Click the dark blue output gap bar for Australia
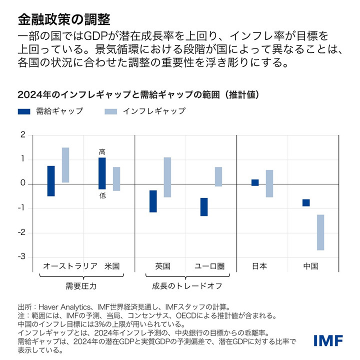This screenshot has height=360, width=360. [x=51, y=181]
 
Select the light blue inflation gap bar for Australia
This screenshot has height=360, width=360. [x=65, y=165]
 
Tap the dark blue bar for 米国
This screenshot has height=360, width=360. [x=102, y=173]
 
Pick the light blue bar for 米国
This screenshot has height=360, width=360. [x=116, y=179]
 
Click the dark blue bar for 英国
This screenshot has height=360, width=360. [x=153, y=201]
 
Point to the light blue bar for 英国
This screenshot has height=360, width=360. [x=167, y=177]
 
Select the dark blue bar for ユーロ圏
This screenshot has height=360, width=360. [x=204, y=207]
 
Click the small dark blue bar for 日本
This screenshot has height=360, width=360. [x=255, y=182]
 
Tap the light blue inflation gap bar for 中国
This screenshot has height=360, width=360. [x=320, y=232]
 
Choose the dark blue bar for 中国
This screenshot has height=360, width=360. [x=306, y=202]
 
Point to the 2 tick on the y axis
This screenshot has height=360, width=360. [x=22, y=135]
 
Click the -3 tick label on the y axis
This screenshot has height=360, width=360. [x=21, y=257]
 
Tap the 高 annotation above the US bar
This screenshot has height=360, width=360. [x=102, y=151]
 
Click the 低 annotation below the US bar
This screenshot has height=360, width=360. [x=102, y=195]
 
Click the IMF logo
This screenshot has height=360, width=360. [x=328, y=341]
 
